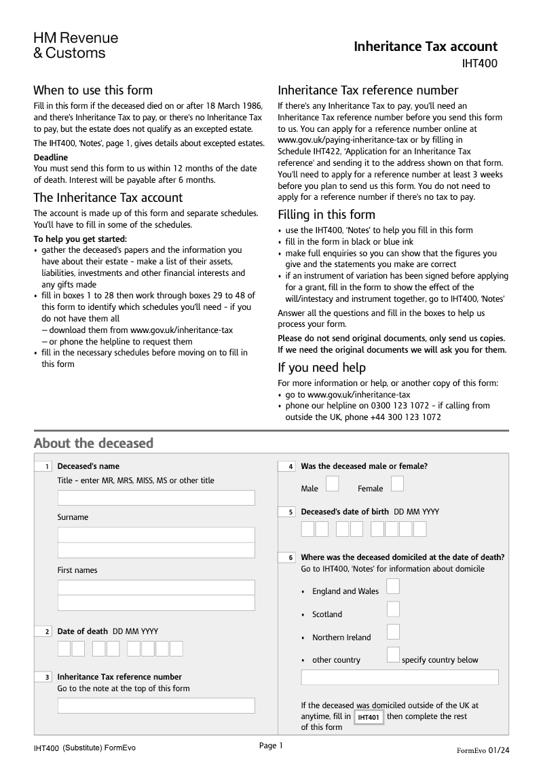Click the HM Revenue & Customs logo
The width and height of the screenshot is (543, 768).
pyautogui.click(x=75, y=46)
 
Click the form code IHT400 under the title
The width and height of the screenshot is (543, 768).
pyautogui.click(x=479, y=65)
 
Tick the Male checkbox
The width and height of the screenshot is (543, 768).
pyautogui.click(x=333, y=483)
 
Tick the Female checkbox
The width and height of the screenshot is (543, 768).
pyautogui.click(x=397, y=483)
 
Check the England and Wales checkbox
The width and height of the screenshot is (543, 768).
pyautogui.click(x=393, y=587)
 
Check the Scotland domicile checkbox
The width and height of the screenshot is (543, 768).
pyautogui.click(x=393, y=609)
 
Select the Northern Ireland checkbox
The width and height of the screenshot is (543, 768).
pyautogui.click(x=393, y=632)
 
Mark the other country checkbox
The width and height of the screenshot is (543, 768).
pyautogui.click(x=393, y=655)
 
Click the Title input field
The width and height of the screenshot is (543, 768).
pyautogui.click(x=156, y=498)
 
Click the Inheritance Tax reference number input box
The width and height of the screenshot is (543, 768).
pyautogui.click(x=156, y=705)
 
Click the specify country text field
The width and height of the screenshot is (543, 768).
pyautogui.click(x=399, y=678)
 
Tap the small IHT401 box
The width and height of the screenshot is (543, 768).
pyautogui.click(x=369, y=718)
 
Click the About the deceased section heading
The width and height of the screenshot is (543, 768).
pyautogui.click(x=94, y=444)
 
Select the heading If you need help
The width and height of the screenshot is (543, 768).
pyautogui.click(x=322, y=368)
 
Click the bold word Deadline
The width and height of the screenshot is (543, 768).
pyautogui.click(x=51, y=158)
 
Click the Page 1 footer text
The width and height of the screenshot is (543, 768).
pyautogui.click(x=270, y=746)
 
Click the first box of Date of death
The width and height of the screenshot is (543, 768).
pyautogui.click(x=64, y=649)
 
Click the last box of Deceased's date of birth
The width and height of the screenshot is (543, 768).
pyautogui.click(x=419, y=529)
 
